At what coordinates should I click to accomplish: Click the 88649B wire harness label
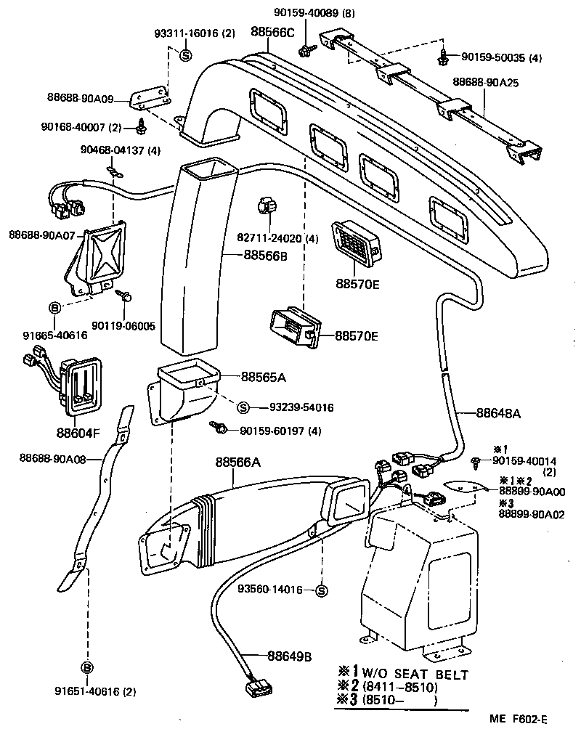[x=289, y=656]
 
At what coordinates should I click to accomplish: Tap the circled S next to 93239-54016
[x=243, y=407]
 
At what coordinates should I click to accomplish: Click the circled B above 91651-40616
[x=86, y=667]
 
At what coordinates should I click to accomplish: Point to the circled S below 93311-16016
[x=185, y=56]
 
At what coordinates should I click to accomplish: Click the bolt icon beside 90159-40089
[x=306, y=49]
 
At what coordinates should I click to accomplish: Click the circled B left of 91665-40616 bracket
[x=55, y=308]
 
